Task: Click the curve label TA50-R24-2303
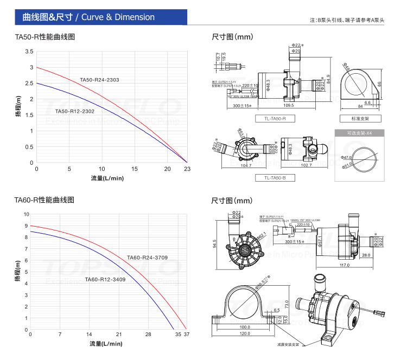[x=99, y=80]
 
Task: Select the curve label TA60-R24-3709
[x=147, y=257]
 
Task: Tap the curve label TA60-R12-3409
[x=105, y=279]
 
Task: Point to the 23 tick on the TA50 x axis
[x=187, y=169]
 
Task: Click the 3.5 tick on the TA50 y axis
[x=29, y=52]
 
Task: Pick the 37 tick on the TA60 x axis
[x=187, y=335]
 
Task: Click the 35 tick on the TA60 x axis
[x=178, y=335]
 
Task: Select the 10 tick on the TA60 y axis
[x=26, y=214]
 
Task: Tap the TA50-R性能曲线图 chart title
[x=44, y=37]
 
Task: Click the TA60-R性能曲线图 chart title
[x=44, y=200]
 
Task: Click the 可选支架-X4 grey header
[x=359, y=133]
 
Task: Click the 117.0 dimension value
[x=344, y=265]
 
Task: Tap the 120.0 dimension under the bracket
[x=245, y=333]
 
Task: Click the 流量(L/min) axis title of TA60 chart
[x=107, y=344]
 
